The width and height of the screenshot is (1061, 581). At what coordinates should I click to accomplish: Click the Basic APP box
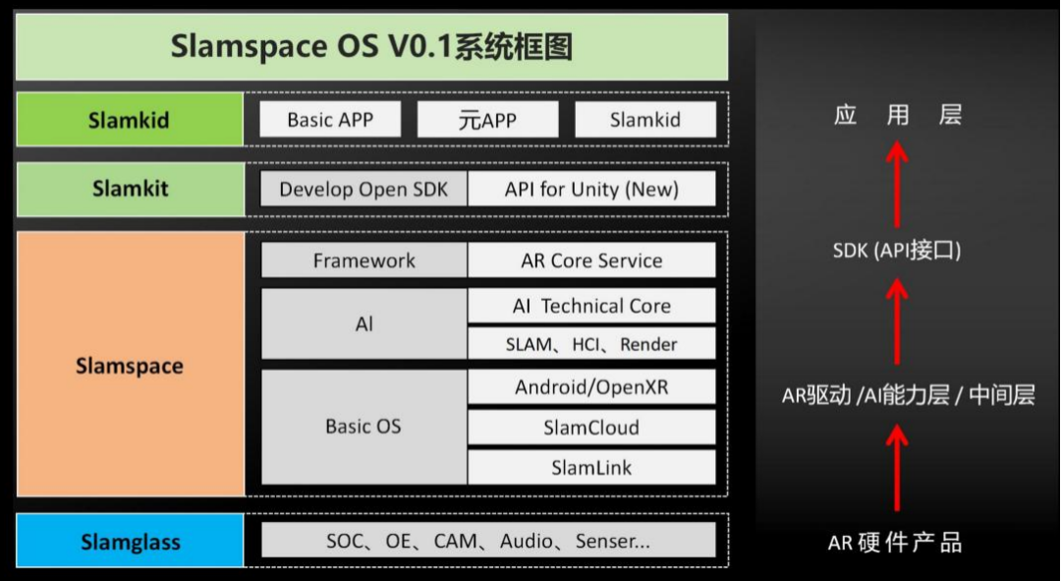click(x=330, y=119)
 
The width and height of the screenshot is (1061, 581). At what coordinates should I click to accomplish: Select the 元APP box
click(x=488, y=119)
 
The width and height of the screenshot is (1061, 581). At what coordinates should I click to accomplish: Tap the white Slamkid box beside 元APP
click(x=645, y=119)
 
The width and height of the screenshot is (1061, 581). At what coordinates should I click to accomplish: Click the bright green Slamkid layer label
click(x=130, y=119)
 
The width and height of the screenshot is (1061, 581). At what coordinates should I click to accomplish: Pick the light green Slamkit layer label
click(x=131, y=189)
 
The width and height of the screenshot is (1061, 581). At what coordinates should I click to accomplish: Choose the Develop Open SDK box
click(x=364, y=189)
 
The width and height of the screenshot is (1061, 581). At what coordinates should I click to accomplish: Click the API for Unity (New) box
click(x=591, y=189)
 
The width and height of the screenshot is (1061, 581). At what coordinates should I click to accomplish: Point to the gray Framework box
click(x=364, y=261)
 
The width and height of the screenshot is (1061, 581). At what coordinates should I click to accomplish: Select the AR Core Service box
click(x=591, y=261)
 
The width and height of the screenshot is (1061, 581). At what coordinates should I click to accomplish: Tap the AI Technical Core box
click(x=591, y=306)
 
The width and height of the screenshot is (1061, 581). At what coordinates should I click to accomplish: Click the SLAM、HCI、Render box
click(x=591, y=343)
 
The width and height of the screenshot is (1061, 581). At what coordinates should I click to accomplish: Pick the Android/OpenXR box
click(x=591, y=386)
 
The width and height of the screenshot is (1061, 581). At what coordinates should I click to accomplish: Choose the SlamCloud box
click(x=591, y=427)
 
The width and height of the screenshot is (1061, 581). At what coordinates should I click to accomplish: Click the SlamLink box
click(x=591, y=467)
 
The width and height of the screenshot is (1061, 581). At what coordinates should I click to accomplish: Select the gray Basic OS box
click(x=364, y=427)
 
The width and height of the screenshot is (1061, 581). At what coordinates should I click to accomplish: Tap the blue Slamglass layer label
click(x=130, y=541)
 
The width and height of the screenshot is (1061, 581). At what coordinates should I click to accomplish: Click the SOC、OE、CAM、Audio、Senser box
click(x=488, y=540)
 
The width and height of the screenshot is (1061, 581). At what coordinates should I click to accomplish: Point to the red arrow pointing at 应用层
click(x=897, y=184)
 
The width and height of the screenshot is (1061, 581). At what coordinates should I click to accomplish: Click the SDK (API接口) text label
click(x=897, y=251)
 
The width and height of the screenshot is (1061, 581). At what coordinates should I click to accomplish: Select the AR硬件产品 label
click(x=895, y=542)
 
